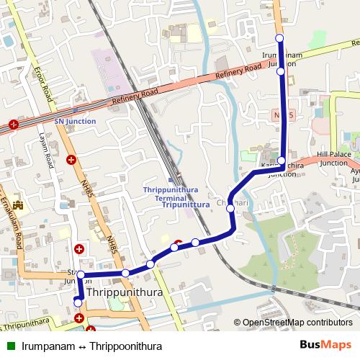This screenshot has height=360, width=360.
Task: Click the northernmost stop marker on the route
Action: point(280,38)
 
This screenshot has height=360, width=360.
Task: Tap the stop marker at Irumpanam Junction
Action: point(280,71)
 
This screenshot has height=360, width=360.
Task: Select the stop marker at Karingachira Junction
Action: point(282,161)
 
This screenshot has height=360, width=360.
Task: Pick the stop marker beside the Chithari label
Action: point(230,208)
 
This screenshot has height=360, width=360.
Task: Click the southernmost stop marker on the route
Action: point(78,303)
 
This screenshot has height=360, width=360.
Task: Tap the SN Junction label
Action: point(75,121)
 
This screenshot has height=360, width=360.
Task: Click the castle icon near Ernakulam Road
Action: point(17,205)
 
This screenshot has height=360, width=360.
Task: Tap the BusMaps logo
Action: point(324,346)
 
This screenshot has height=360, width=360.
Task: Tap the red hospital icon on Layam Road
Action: point(71,161)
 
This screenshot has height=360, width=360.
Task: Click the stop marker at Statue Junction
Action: point(81,274)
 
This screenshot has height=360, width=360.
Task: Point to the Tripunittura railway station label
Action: point(181,204)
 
